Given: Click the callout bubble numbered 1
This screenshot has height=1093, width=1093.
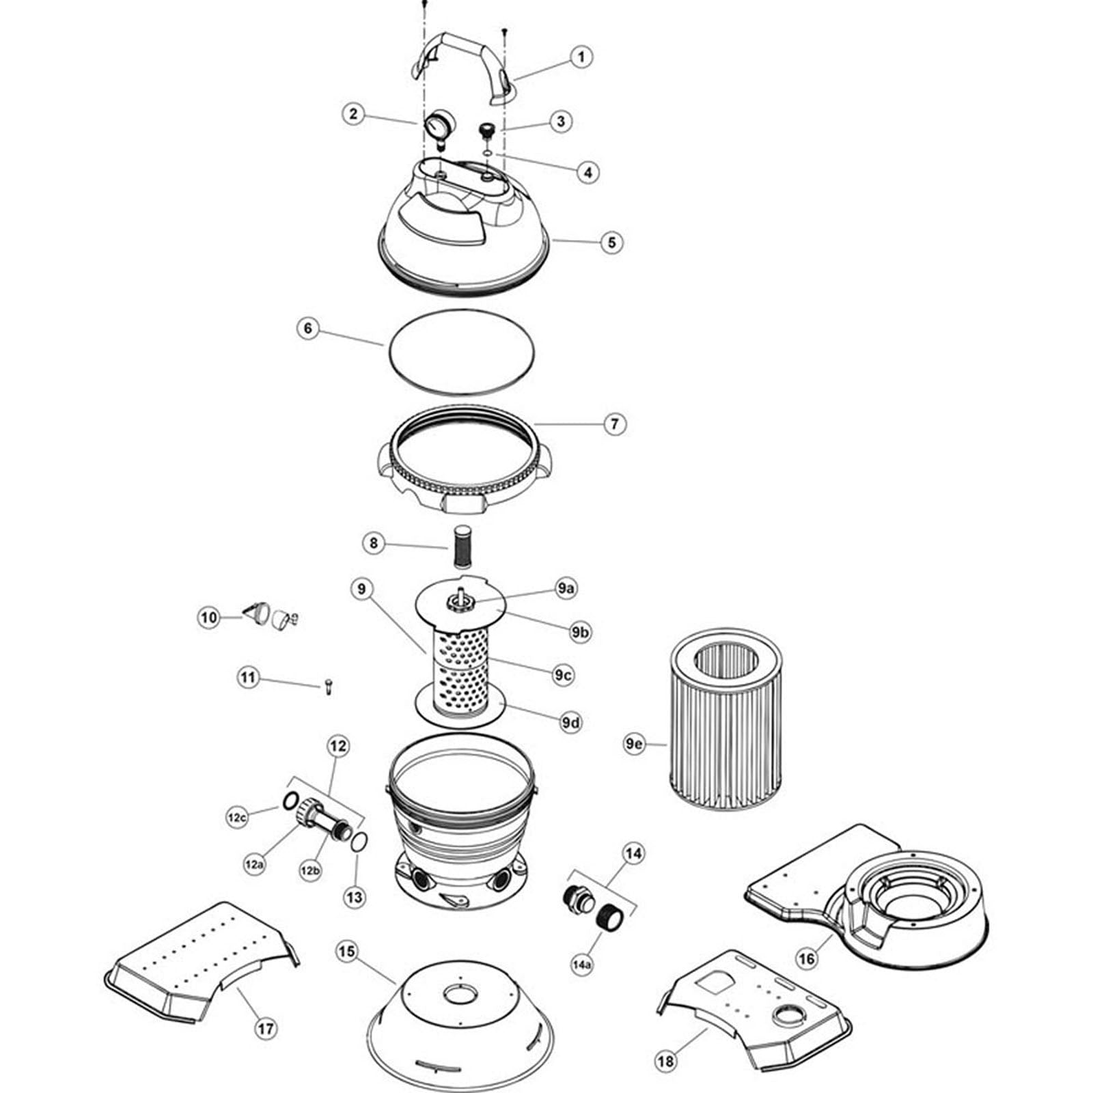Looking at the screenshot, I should [x=581, y=56].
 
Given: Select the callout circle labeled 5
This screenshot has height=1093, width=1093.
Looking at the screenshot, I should [x=611, y=242].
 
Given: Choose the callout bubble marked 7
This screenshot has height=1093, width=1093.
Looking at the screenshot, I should [x=615, y=424].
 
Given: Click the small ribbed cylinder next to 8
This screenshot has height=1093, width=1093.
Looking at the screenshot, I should [x=464, y=544].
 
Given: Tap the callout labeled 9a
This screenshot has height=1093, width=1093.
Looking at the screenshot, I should [x=566, y=588].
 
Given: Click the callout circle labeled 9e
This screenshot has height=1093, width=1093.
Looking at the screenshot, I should [x=634, y=745].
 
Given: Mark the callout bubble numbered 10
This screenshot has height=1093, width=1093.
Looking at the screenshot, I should [x=209, y=618].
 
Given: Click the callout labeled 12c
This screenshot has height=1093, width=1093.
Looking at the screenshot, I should [x=237, y=817].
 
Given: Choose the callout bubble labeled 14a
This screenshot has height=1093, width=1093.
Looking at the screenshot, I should [x=582, y=965].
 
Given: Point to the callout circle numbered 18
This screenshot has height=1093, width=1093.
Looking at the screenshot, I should [x=665, y=1060].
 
